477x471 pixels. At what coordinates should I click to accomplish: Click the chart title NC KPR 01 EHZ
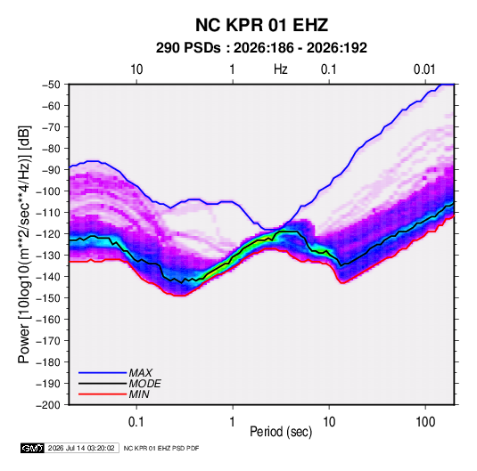261,25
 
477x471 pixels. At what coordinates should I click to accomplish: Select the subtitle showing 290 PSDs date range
261,48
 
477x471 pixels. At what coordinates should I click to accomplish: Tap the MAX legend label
140,372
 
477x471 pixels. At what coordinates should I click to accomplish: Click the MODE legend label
144,384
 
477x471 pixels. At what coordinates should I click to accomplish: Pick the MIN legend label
139,394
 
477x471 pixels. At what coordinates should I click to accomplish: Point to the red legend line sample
103,394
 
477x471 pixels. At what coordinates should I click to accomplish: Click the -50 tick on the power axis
51,85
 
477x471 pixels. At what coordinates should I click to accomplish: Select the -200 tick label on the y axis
48,405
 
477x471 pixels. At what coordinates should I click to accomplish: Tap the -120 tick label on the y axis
48,233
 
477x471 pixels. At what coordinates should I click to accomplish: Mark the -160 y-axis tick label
48,320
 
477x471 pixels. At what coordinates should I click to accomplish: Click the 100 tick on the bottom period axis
425,422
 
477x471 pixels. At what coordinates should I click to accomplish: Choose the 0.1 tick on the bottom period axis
136,422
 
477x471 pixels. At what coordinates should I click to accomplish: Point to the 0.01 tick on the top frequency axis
424,69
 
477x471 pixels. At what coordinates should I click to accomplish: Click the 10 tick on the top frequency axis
136,69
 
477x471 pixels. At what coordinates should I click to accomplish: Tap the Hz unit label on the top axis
281,69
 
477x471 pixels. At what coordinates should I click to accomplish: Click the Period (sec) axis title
281,432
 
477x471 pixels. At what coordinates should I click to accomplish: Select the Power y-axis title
24,245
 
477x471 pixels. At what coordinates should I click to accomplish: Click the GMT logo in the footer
32,448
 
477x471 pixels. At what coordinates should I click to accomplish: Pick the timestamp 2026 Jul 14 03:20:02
81,448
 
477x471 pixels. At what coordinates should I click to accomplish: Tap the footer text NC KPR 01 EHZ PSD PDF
161,448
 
